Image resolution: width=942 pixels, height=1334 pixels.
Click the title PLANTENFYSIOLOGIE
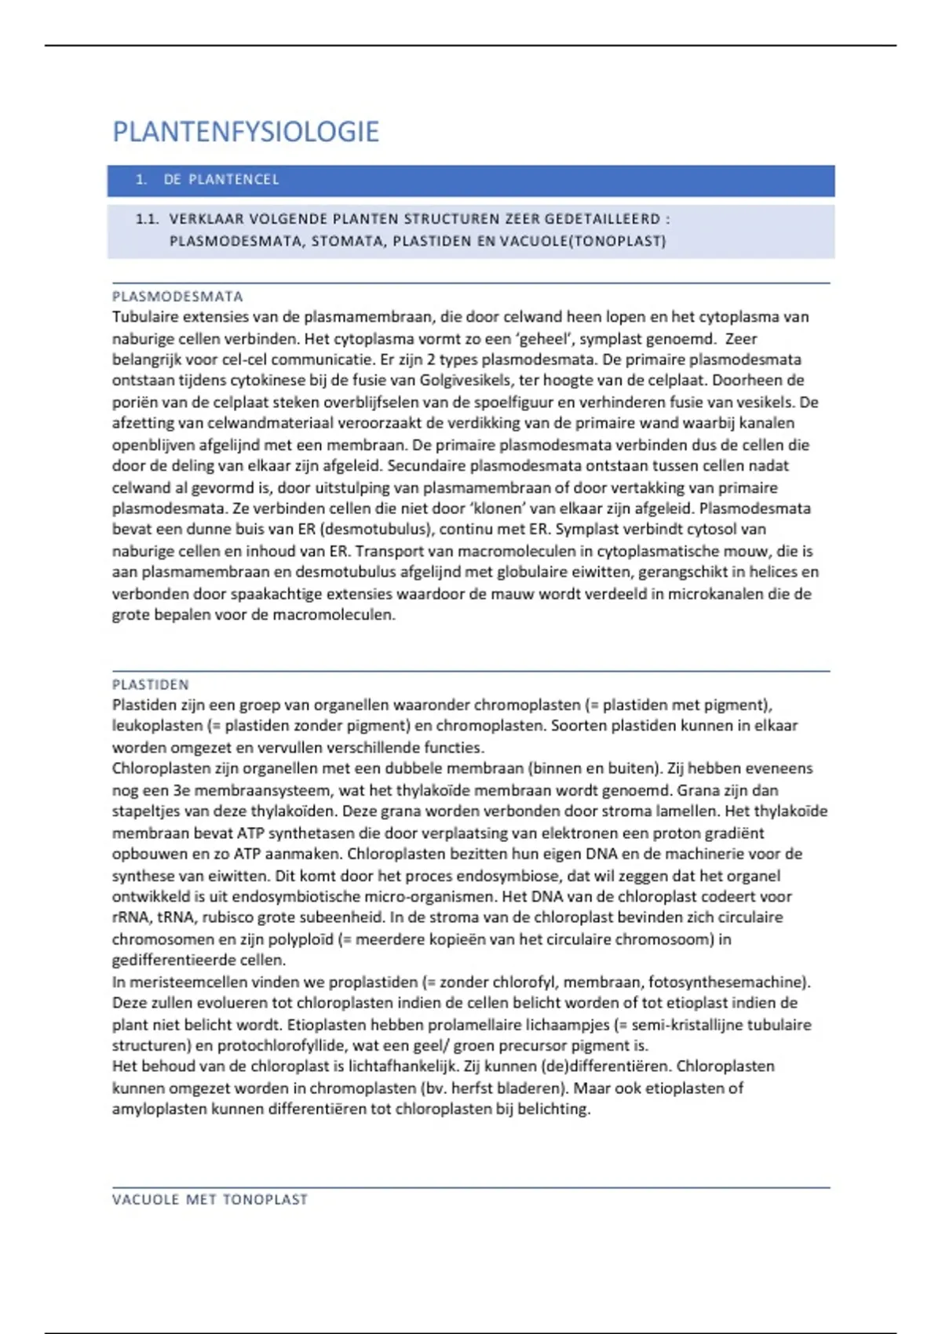click(x=246, y=132)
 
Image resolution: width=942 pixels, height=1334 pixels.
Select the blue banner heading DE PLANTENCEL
click(x=221, y=180)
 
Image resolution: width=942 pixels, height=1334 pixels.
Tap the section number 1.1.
click(x=147, y=220)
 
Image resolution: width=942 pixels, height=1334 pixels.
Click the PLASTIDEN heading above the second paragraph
click(x=151, y=684)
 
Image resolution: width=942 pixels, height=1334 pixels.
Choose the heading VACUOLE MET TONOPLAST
click(x=210, y=1200)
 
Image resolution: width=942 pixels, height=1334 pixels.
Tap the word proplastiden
click(x=373, y=982)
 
